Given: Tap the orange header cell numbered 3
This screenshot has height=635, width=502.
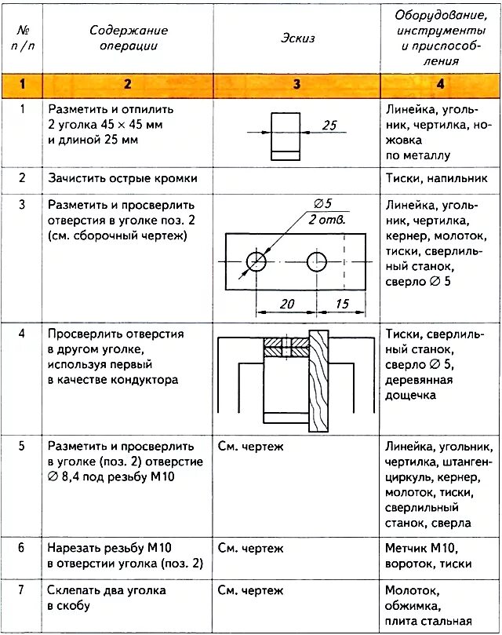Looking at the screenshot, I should click(x=296, y=83).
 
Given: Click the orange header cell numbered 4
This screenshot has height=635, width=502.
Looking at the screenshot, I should click(x=440, y=83).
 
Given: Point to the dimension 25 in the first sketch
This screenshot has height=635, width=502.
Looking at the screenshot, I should click(x=329, y=125).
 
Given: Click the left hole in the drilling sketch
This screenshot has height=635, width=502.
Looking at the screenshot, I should click(x=256, y=261).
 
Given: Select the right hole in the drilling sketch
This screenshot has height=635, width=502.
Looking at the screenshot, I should click(x=318, y=261).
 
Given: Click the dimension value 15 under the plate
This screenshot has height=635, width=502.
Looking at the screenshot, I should click(x=341, y=304).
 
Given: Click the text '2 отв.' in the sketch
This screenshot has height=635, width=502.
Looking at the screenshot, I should click(x=328, y=219).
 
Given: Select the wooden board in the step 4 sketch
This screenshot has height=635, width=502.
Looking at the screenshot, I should click(x=319, y=381).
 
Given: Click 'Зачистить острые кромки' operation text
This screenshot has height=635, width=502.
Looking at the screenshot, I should click(x=122, y=178).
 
